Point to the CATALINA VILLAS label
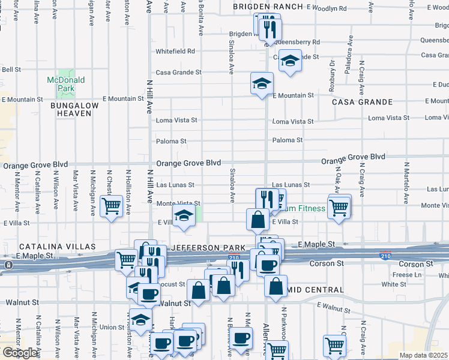(x=57, y=247)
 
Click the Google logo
(x=20, y=353)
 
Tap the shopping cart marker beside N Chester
(x=112, y=206)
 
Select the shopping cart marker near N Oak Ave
(x=339, y=207)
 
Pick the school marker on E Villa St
(x=184, y=217)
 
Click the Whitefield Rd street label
(x=175, y=51)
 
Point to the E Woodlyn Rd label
(x=327, y=9)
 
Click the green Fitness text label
(x=310, y=209)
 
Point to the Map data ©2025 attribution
(x=424, y=355)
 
